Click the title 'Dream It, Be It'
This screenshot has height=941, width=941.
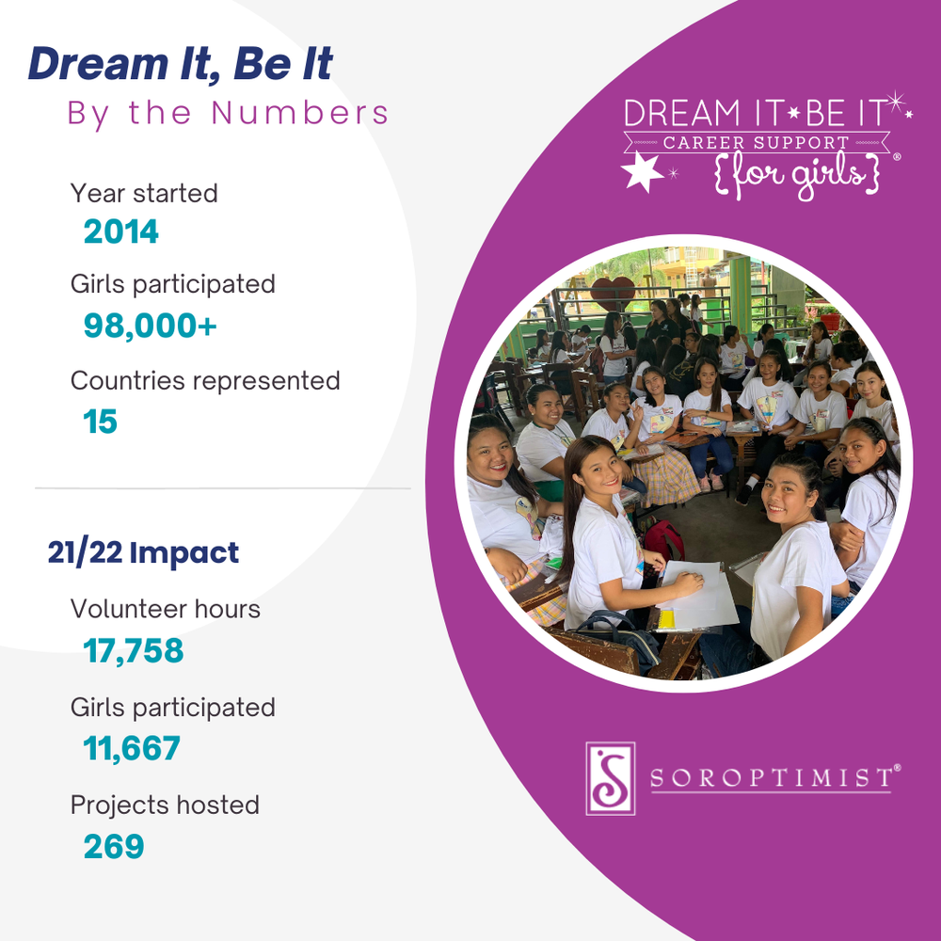click(x=180, y=64)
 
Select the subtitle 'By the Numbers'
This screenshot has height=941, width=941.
click(x=228, y=113)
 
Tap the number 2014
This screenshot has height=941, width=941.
click(x=121, y=231)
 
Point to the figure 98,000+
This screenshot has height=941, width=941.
click(x=151, y=326)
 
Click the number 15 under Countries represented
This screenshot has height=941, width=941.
click(x=101, y=422)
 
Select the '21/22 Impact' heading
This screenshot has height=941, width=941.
click(x=143, y=553)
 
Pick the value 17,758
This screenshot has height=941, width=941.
click(x=134, y=651)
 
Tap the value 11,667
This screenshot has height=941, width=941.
click(x=132, y=749)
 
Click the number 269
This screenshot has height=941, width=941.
click(x=114, y=847)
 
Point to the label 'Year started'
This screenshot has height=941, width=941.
click(x=144, y=193)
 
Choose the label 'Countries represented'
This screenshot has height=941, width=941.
click(x=205, y=381)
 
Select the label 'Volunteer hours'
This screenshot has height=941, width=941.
click(x=166, y=609)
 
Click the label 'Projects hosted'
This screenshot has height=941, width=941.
click(x=165, y=805)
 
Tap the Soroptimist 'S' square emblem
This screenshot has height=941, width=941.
click(x=610, y=778)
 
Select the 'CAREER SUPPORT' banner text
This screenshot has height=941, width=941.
click(x=755, y=143)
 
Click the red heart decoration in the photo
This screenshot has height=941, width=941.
click(x=613, y=293)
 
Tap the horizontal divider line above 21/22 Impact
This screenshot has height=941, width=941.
click(x=223, y=488)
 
